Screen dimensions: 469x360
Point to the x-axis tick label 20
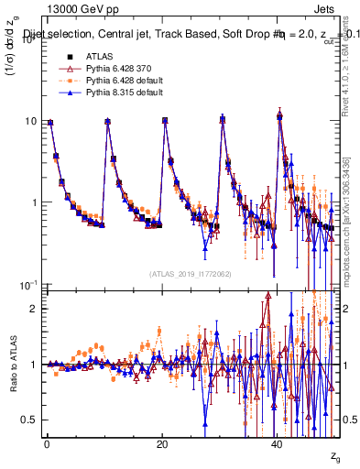[162, 444]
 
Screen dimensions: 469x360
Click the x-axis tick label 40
[278, 444]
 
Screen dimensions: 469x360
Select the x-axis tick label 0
[47, 444]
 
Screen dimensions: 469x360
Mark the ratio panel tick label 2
[34, 309]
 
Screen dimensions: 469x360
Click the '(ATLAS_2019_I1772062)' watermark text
[190, 274]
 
